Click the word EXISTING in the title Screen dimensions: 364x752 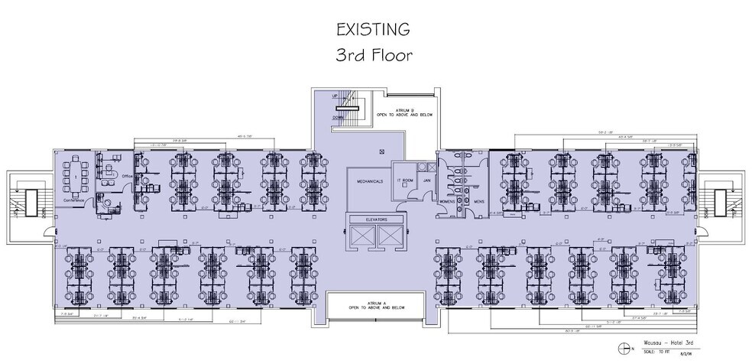click(x=374, y=29)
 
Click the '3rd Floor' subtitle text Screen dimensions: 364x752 click(x=374, y=56)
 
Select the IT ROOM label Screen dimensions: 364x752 click(x=404, y=180)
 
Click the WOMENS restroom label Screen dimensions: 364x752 click(x=446, y=201)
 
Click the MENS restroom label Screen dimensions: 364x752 click(x=478, y=201)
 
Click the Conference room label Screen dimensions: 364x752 click(x=73, y=200)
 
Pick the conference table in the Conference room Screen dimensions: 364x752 click(x=76, y=176)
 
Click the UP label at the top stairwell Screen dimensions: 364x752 click(x=335, y=97)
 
